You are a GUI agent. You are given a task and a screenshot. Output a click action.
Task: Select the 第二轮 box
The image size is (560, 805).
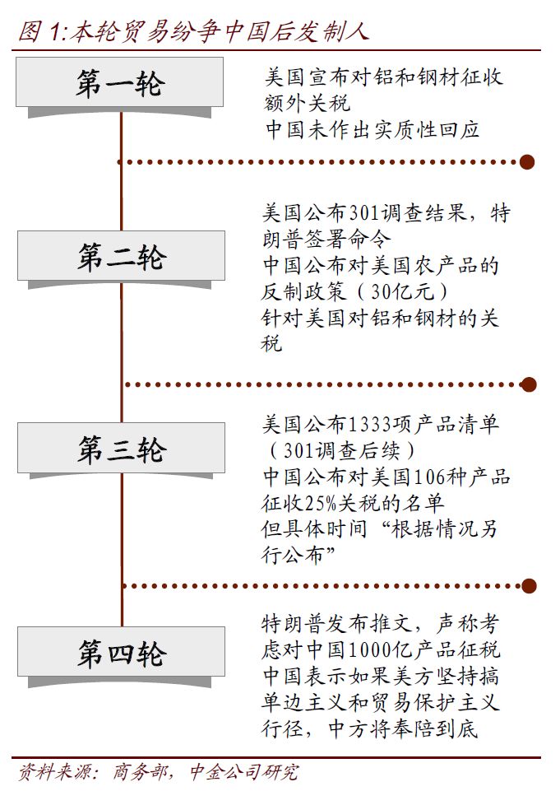(121, 256)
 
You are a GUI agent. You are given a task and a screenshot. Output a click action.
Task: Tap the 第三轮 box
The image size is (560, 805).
(121, 449)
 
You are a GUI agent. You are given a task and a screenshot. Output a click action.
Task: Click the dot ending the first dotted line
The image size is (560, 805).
(527, 161)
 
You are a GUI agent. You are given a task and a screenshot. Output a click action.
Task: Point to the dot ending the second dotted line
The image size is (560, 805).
(529, 384)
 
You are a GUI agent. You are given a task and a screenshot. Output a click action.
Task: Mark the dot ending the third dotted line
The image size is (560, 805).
(529, 586)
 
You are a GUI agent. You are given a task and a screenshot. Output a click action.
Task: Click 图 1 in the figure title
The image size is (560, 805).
(39, 31)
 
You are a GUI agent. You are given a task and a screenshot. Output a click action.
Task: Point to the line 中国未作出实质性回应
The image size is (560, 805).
(371, 129)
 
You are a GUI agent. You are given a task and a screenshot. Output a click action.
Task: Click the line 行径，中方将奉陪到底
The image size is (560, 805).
(370, 728)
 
